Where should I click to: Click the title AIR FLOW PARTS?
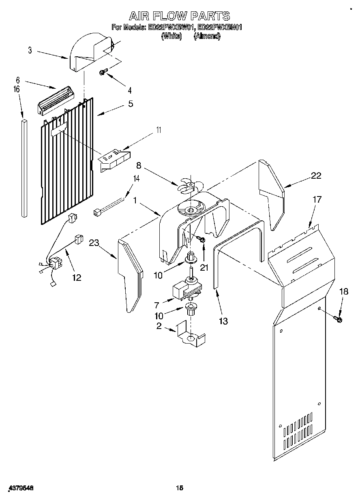(180, 16)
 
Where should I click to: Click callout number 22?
(316, 175)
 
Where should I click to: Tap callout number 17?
(317, 199)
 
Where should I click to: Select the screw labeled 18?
(338, 320)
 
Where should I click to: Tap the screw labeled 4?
(103, 73)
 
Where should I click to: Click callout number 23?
(94, 243)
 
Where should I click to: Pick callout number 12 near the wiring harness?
(76, 278)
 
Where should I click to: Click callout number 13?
(223, 321)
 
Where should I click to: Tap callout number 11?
(159, 130)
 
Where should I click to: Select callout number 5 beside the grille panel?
(131, 104)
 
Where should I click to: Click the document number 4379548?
(20, 489)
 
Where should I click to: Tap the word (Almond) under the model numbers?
(207, 36)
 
